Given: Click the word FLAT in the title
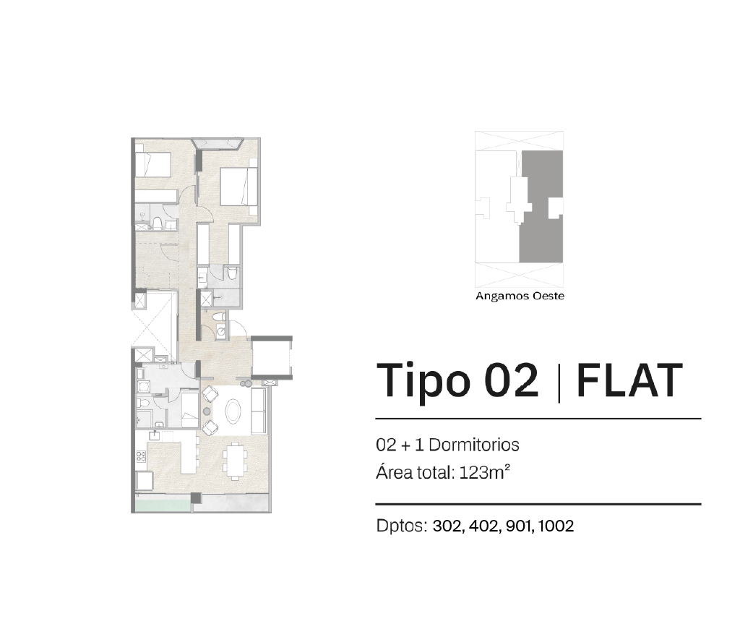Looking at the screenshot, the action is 629,380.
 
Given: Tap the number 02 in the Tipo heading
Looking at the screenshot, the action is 511,380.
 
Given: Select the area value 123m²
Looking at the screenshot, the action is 485,472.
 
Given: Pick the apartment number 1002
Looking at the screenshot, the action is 556,526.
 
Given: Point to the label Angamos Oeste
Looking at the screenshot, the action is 520,296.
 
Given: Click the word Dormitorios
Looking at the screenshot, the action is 474,445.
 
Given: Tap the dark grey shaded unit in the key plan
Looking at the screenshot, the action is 541,207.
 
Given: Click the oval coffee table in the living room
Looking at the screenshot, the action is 234,411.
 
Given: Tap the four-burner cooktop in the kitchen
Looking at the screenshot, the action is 141,456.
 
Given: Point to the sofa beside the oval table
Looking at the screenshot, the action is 259,411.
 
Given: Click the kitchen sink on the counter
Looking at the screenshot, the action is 156,435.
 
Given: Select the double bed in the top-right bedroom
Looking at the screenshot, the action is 238,187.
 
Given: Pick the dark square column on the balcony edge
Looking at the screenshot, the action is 196,498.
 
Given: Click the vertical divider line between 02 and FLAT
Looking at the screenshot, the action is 559,383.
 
